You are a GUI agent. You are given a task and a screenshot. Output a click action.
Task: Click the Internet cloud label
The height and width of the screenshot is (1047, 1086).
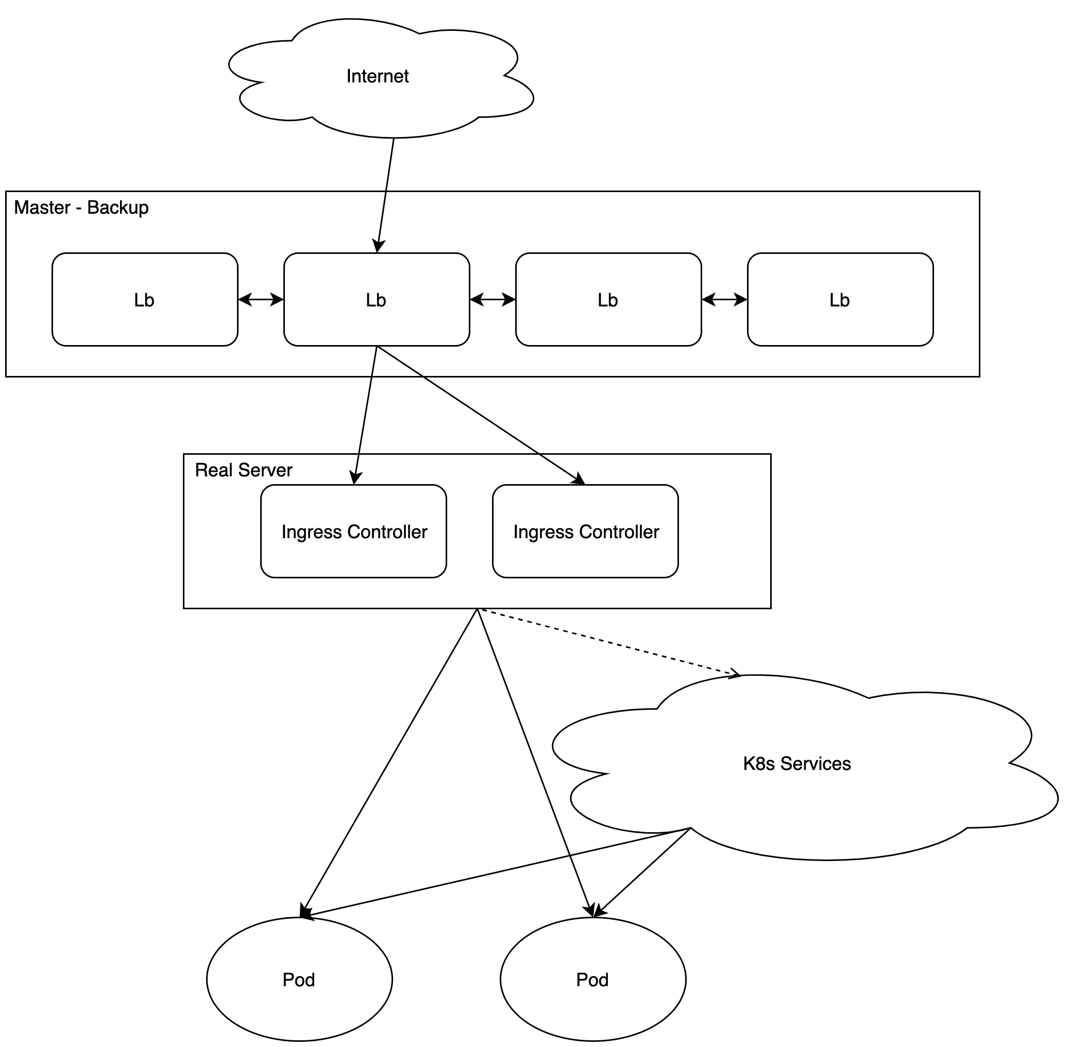tap(377, 76)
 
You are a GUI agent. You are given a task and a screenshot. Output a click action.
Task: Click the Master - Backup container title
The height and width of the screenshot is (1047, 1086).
tap(81, 208)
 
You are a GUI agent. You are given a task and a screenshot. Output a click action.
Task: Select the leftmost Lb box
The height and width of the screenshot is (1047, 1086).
tap(145, 300)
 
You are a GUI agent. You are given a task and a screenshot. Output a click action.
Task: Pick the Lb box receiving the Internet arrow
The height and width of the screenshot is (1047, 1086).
tap(376, 300)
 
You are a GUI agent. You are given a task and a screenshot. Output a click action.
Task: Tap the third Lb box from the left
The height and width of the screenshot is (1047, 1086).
tap(608, 300)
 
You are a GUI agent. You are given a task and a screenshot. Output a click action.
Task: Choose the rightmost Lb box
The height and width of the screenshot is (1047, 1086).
tap(840, 300)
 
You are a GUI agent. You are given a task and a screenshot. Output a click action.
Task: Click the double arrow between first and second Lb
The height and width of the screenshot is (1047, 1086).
tap(260, 300)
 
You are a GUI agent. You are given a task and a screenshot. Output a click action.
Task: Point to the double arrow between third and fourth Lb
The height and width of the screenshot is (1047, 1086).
tap(724, 300)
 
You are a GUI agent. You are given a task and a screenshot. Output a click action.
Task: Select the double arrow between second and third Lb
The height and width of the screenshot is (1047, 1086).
tap(493, 300)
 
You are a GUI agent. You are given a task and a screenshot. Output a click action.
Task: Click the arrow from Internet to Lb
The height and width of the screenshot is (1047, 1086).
tap(386, 194)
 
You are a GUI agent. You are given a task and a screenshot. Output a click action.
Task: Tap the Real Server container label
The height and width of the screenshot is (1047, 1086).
tap(243, 470)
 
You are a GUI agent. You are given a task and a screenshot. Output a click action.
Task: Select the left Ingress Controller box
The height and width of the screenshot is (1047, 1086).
tap(353, 531)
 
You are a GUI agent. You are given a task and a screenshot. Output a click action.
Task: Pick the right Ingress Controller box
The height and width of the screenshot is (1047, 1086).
tap(586, 531)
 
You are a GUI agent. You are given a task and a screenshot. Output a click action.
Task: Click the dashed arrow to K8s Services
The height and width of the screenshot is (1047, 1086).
tap(609, 643)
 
